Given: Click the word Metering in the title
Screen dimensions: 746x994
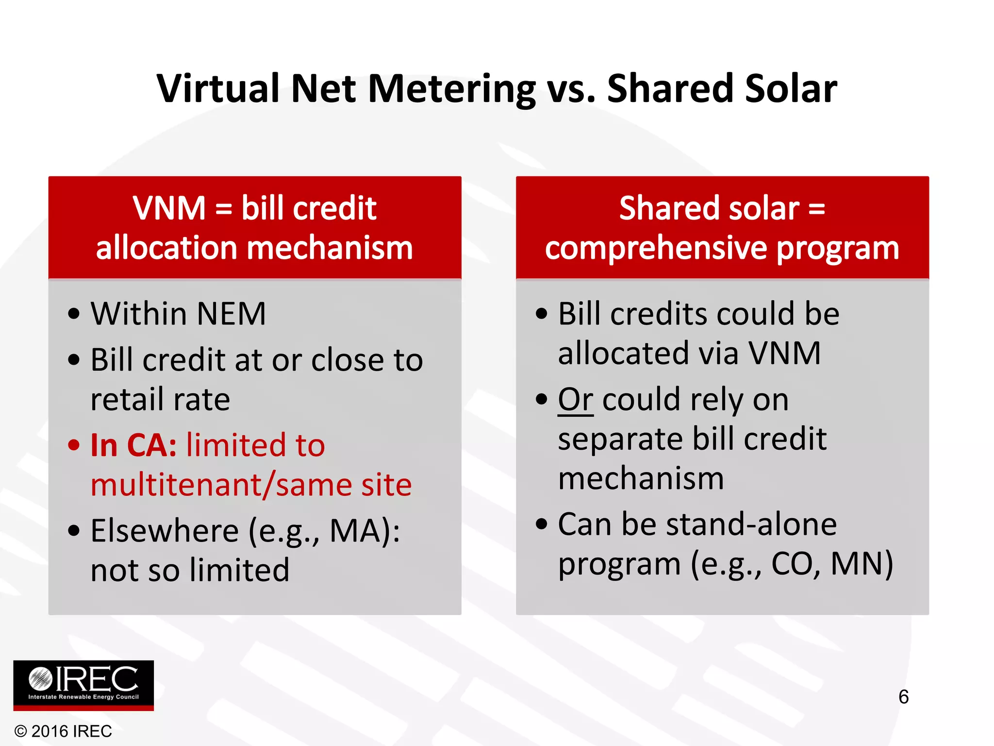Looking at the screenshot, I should [x=451, y=89].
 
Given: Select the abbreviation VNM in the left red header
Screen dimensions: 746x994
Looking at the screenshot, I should [x=169, y=208].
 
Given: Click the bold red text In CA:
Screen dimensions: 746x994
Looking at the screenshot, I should [x=133, y=445].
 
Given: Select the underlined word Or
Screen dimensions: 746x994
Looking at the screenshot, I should [x=575, y=400].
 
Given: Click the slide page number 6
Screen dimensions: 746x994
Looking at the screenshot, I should [x=903, y=697].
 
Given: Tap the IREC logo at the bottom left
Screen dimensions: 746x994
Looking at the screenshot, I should [x=83, y=685].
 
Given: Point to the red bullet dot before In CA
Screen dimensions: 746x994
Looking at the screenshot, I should [x=74, y=445].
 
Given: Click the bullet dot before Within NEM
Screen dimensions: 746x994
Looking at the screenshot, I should [x=74, y=314].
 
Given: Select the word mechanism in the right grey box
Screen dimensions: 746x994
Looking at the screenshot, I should [x=641, y=478].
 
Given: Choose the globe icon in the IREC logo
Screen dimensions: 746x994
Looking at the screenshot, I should [x=40, y=678].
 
